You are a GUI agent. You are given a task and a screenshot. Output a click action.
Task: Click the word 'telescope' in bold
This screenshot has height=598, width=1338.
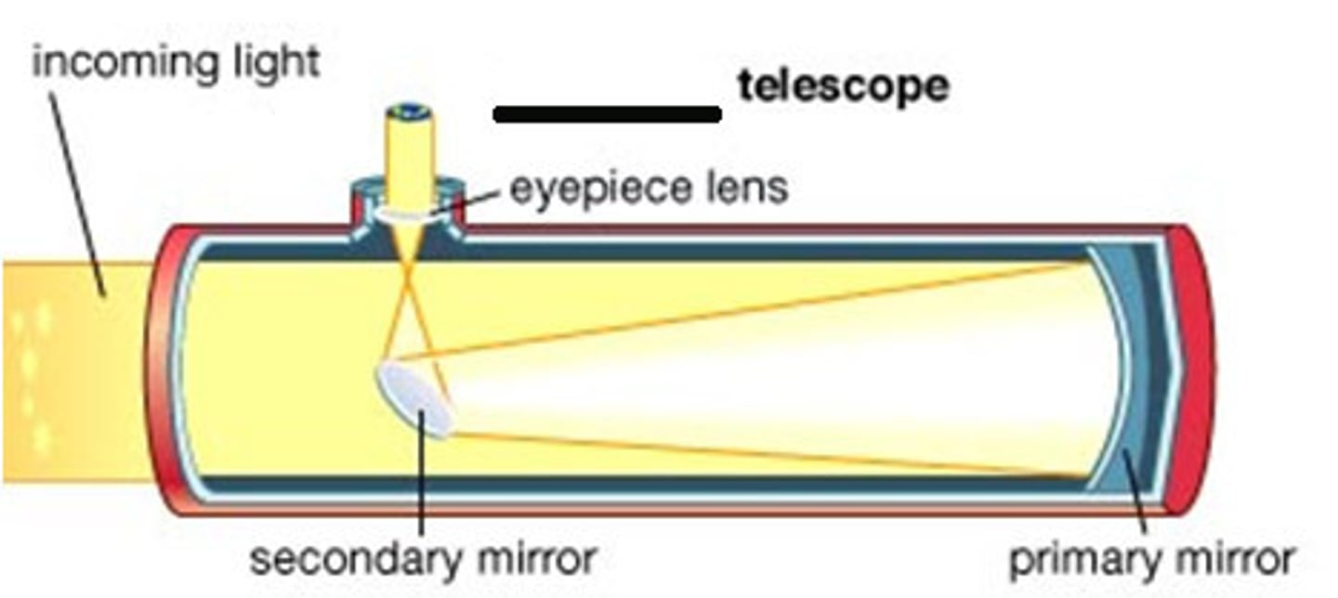tap(843, 86)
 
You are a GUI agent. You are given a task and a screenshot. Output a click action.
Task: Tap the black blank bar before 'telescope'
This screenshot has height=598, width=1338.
tap(608, 114)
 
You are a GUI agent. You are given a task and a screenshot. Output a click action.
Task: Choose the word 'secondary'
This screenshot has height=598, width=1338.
tap(352, 559)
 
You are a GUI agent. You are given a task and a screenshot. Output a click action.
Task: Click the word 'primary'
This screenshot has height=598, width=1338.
tap(1073, 559)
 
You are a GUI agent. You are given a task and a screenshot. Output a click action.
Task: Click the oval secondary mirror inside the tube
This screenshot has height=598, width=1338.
tap(414, 398)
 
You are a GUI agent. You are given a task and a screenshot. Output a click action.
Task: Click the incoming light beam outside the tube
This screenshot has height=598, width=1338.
tap(74, 371)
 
